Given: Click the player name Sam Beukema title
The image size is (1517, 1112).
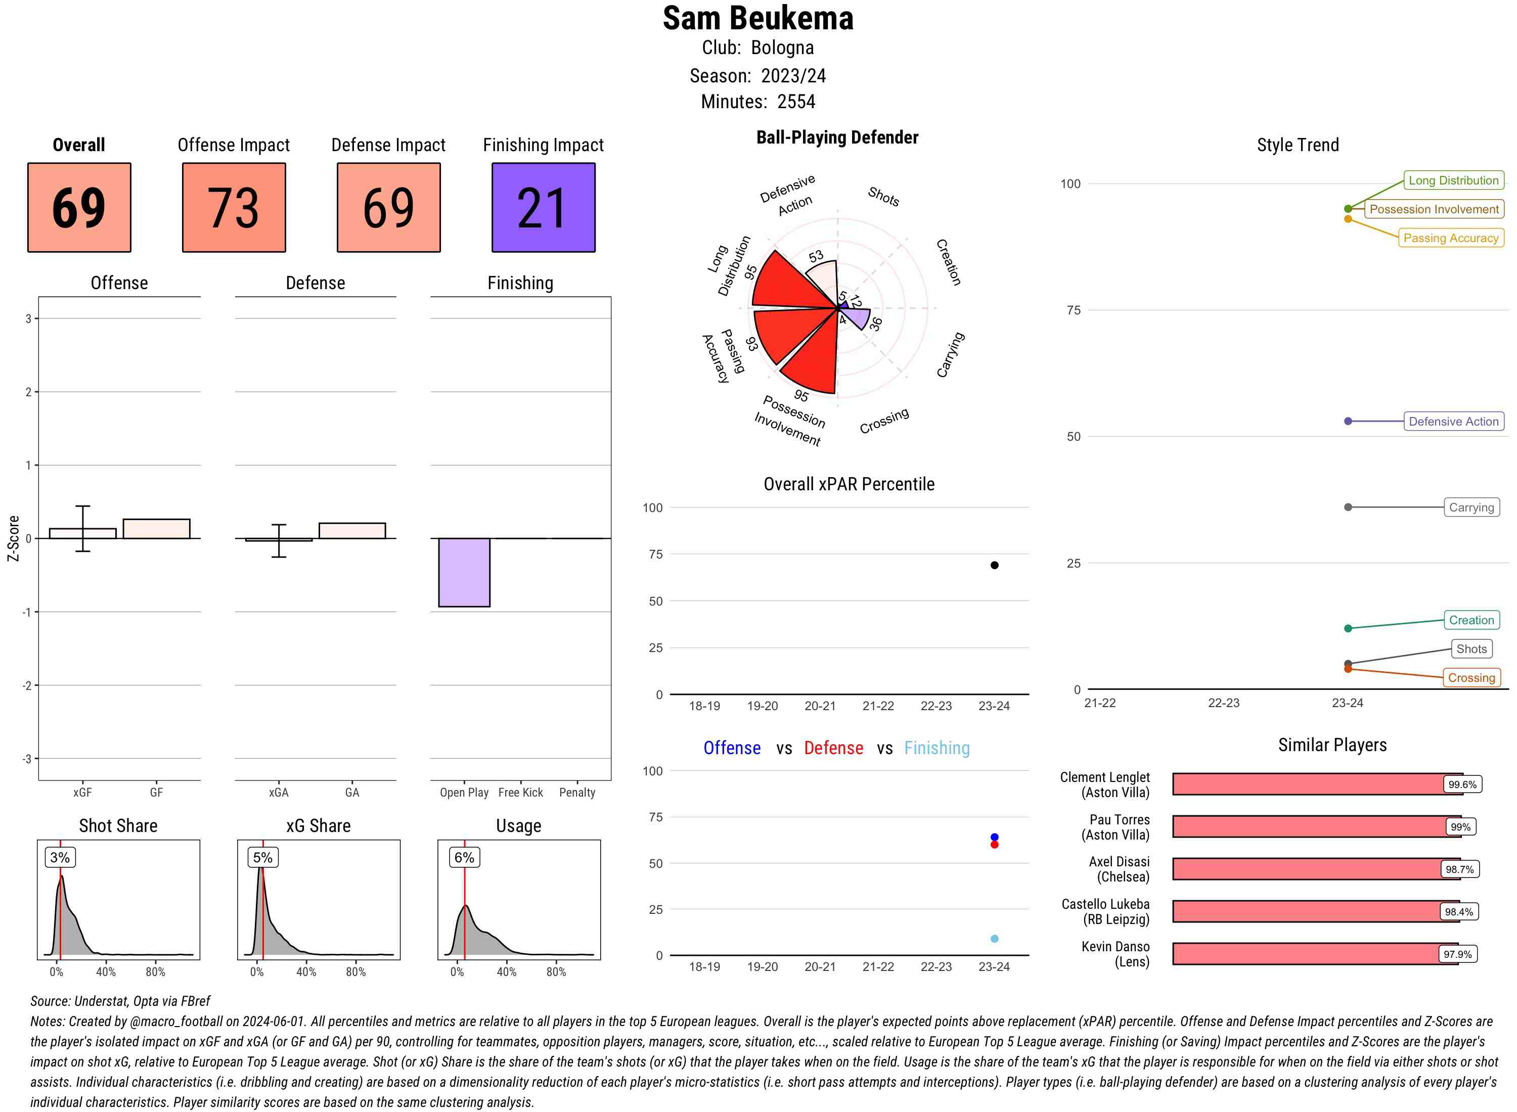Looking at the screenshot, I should (x=757, y=18).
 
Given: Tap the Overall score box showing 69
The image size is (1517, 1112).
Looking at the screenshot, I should (x=79, y=207).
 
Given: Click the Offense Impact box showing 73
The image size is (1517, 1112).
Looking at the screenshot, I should (x=234, y=207).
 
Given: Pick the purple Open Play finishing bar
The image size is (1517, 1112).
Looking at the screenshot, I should (x=464, y=572).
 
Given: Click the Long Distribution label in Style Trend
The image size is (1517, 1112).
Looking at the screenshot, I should (x=1453, y=180).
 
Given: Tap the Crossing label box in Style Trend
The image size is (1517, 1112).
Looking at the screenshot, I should (x=1470, y=678).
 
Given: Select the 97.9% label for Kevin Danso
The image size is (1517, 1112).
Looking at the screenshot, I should (x=1457, y=954).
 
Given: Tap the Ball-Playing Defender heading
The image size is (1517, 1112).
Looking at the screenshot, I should (x=837, y=137).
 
